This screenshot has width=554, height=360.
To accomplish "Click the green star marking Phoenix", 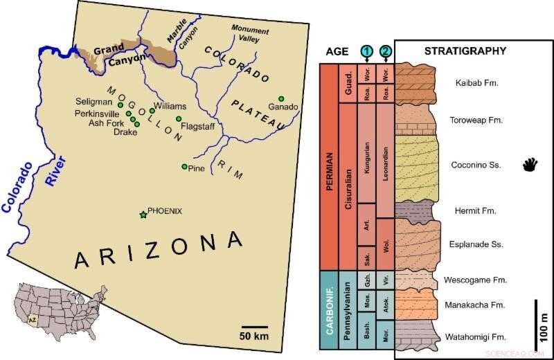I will tap(143, 215).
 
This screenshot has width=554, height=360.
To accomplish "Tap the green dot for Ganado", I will tap(281, 98).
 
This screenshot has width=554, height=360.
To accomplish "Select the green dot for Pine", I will tap(184, 167).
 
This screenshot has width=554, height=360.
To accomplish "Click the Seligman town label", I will tap(94, 102).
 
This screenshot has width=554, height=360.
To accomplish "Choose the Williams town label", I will tap(170, 107).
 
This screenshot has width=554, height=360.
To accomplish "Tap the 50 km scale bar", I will tap(254, 327).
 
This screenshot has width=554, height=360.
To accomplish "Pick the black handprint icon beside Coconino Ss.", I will tap(530, 165).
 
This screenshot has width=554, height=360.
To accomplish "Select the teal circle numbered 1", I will tap(366, 51).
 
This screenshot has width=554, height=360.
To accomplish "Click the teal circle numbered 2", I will tap(385, 51).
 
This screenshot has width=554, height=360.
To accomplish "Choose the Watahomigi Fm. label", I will tap(474, 337).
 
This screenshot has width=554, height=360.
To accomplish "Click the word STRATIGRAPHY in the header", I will tap(465, 51).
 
